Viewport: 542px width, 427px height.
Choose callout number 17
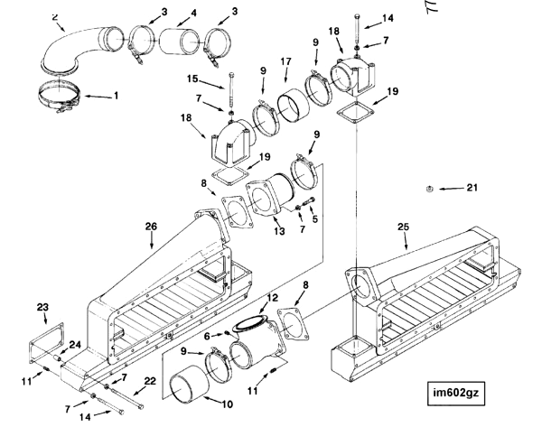(x=285, y=61)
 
